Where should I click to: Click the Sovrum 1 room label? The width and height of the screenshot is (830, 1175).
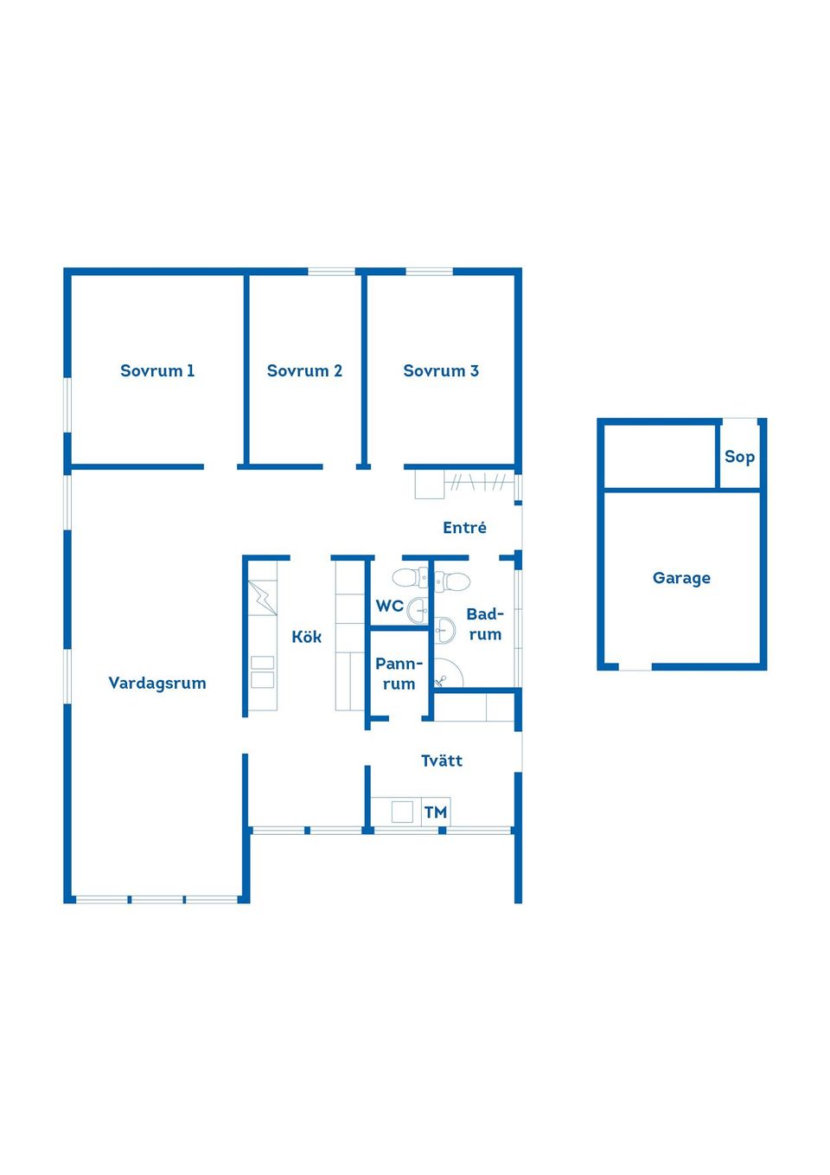[157, 371]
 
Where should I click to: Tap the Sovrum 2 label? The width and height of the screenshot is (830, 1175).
[304, 371]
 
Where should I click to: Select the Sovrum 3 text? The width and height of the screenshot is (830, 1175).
[441, 371]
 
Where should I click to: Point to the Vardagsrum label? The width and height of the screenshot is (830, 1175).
[157, 684]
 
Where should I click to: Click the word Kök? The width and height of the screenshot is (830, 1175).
[306, 638]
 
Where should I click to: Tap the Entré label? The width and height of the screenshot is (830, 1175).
[464, 528]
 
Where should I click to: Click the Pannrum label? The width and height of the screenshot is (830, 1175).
[399, 674]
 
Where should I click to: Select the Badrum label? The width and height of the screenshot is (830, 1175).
[485, 624]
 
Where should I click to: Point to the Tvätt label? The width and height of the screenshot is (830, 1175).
[442, 761]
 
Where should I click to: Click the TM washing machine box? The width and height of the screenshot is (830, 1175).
[436, 812]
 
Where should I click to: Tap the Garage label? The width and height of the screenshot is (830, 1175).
[681, 578]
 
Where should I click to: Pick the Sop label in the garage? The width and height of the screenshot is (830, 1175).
[739, 457]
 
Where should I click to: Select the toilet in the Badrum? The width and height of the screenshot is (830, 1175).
[454, 581]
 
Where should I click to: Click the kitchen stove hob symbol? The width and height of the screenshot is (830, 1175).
[262, 671]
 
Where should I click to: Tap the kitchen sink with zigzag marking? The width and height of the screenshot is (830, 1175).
[262, 598]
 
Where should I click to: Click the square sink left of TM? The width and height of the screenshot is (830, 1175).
[402, 812]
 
